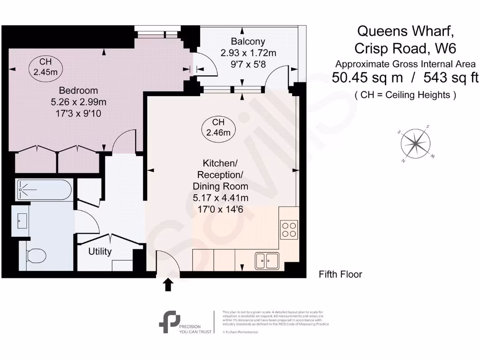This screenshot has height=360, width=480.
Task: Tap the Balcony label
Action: pos(248,41)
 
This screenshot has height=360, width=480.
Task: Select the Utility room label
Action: pos(100,252)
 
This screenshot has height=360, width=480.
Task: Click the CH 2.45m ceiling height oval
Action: pos(45,67)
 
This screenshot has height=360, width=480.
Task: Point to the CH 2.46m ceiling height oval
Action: pos(218,127)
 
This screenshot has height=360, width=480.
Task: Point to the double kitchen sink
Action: pos(267,261)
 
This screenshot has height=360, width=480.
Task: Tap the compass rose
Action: pos(416,143)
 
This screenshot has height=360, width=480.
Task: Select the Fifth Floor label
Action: pos(340,275)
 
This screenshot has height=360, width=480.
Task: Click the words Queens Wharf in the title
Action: pos(405,31)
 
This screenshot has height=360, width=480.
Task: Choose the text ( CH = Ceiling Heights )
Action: pos(405,95)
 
